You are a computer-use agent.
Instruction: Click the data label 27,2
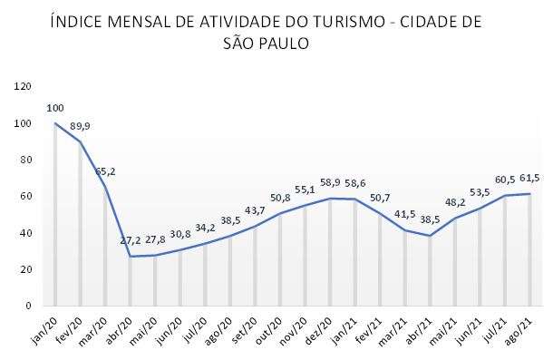coord(131,242)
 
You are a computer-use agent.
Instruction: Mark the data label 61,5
coord(530,178)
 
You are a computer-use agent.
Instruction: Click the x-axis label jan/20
coord(45,327)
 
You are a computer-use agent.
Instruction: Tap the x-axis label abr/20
coord(120,327)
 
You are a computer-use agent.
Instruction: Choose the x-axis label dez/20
coord(319,327)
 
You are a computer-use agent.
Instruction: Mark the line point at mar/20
coord(105,187)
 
